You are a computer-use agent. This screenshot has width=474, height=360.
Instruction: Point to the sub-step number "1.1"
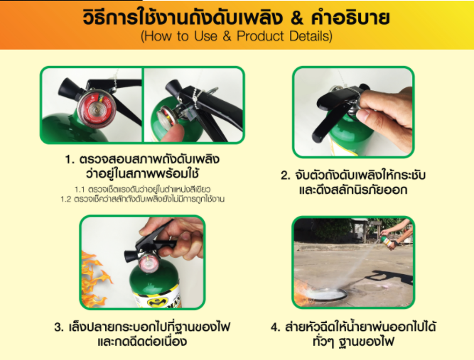click(x=80, y=189)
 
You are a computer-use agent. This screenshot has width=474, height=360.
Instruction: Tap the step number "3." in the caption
click(x=58, y=327)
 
